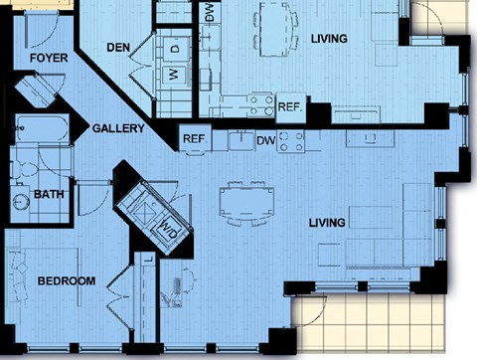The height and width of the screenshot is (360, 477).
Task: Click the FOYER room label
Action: pyautogui.click(x=49, y=58)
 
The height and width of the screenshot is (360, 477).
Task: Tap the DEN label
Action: pyautogui.click(x=118, y=48)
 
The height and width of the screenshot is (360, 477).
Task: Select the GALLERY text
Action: pyautogui.click(x=118, y=128)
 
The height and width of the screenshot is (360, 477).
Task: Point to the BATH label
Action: pyautogui.click(x=49, y=194)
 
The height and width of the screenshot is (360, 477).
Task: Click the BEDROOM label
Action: pyautogui.click(x=67, y=281)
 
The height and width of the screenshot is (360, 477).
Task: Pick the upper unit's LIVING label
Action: pyautogui.click(x=329, y=39)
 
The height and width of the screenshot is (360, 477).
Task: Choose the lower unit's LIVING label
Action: pyautogui.click(x=327, y=223)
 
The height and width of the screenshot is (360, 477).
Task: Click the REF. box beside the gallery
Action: pyautogui.click(x=196, y=138)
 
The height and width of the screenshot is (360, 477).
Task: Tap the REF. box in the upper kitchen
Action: pyautogui.click(x=290, y=107)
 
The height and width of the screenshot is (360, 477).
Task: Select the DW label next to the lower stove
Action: pyautogui.click(x=266, y=141)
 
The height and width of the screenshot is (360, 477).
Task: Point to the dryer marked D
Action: pyautogui.click(x=176, y=49)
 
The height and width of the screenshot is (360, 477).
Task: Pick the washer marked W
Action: pyautogui.click(x=176, y=75)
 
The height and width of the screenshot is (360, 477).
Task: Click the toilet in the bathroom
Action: pyautogui.click(x=25, y=170)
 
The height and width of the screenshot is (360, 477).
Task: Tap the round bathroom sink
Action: pyautogui.click(x=21, y=202)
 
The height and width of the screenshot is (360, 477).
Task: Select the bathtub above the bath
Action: pyautogui.click(x=42, y=128)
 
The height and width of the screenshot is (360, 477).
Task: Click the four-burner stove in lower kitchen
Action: pyautogui.click(x=291, y=141)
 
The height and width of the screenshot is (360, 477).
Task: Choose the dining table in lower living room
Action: pyautogui.click(x=246, y=202)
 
